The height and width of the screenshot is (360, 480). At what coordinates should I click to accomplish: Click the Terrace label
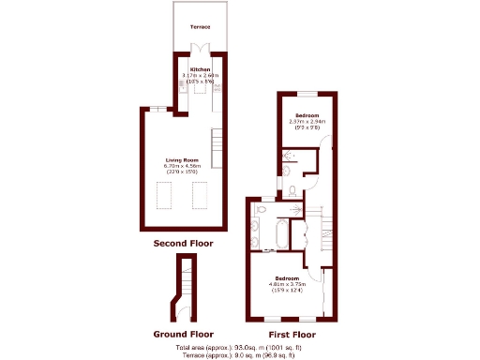click(200, 27)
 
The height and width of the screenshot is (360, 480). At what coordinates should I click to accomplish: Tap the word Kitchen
click(200, 69)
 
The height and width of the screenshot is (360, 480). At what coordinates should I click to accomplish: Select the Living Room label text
click(184, 160)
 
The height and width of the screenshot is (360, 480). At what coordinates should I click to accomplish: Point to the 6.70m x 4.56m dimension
click(184, 166)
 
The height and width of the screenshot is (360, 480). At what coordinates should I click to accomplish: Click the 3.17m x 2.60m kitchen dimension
click(200, 75)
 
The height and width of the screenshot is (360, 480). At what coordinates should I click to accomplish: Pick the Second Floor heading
click(183, 244)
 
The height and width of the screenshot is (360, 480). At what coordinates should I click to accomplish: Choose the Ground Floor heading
click(183, 334)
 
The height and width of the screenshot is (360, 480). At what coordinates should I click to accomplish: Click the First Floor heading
click(292, 334)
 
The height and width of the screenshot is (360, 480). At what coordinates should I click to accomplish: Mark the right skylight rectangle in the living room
click(200, 195)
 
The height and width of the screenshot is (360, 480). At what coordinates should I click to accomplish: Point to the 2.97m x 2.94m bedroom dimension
click(307, 121)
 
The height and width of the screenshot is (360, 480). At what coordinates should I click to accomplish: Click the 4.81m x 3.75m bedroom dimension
click(283, 283)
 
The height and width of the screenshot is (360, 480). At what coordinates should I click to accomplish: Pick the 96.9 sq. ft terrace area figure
click(277, 355)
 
